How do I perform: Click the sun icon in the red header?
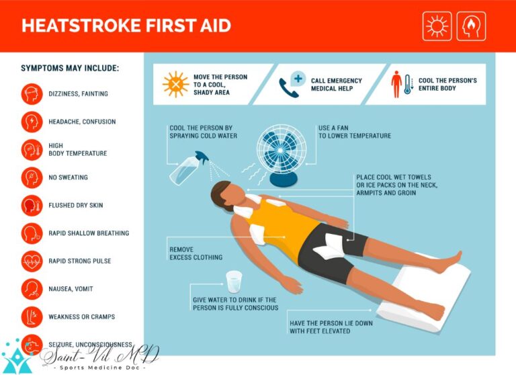[437, 26]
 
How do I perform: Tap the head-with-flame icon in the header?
[471, 26]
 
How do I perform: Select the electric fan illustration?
[282, 155]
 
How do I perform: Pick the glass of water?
[234, 282]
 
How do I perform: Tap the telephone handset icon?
[288, 88]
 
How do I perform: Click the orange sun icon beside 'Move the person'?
[176, 84]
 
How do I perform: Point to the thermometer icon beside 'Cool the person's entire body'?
[408, 85]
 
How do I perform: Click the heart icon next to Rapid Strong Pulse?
[32, 261]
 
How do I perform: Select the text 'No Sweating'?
[68, 177]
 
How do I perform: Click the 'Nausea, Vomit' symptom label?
[71, 289]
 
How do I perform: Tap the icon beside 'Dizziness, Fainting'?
[32, 94]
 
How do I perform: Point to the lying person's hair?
[220, 194]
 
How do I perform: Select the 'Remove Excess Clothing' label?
[196, 253]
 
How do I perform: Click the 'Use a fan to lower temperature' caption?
[355, 132]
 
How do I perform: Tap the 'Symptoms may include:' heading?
[70, 68]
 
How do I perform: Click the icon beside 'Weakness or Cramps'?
[32, 317]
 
